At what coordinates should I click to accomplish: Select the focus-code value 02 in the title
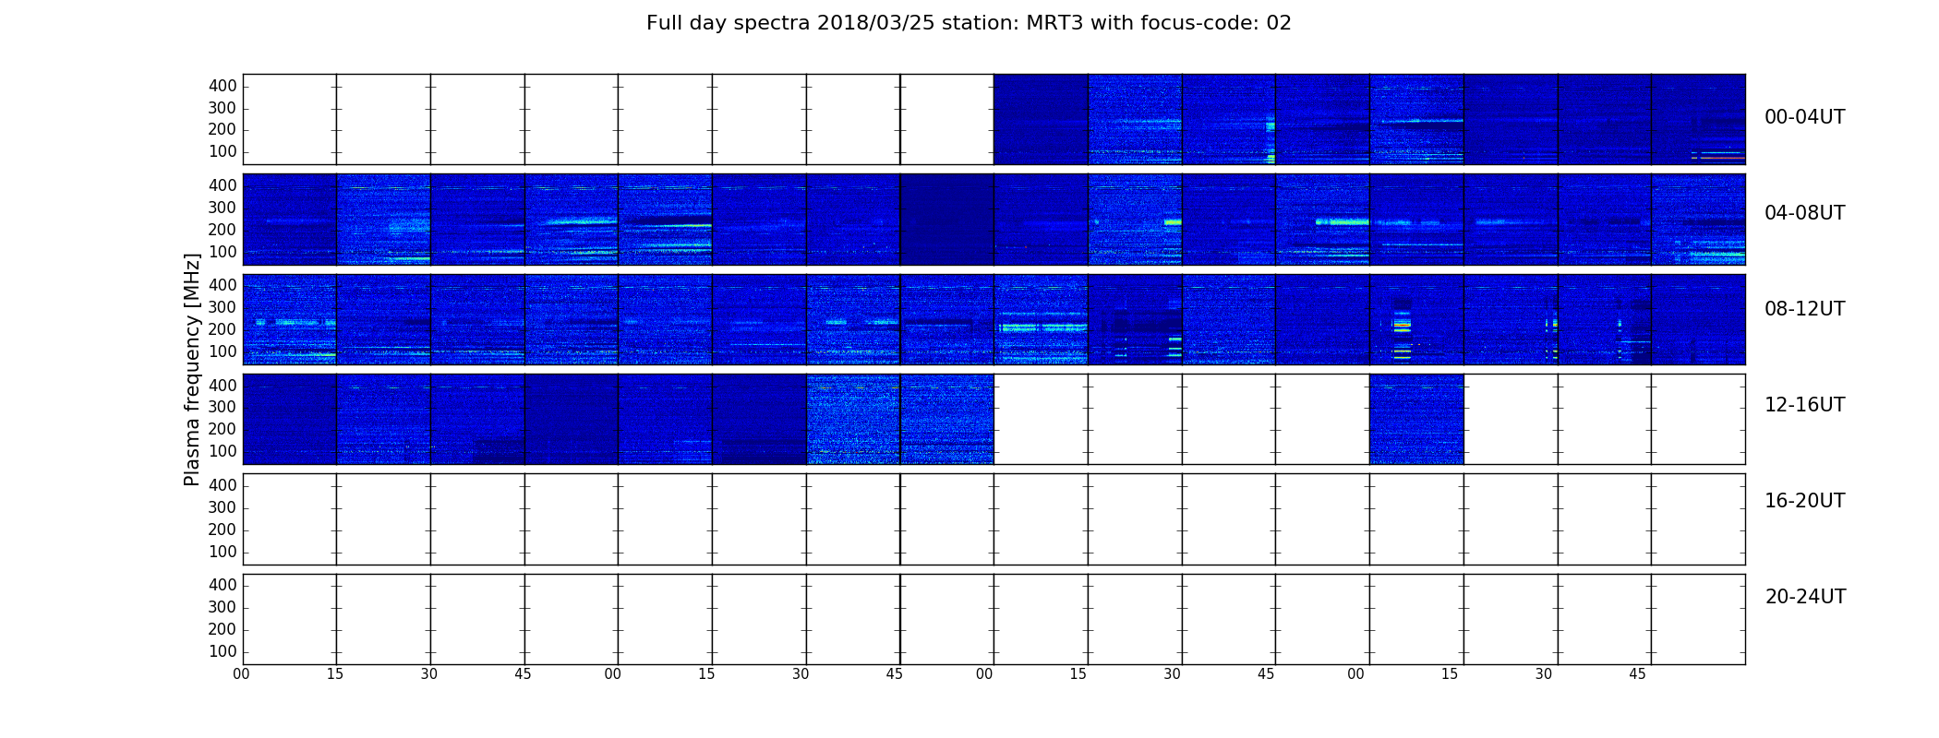point(1279,23)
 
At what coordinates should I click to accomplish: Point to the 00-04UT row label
point(1805,117)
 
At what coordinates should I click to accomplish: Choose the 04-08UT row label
point(1805,213)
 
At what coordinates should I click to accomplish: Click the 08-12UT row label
point(1805,309)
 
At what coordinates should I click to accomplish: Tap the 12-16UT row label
point(1805,405)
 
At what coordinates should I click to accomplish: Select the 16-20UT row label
point(1805,501)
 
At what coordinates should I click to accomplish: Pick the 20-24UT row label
point(1805,597)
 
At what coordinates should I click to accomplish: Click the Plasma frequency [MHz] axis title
point(192,369)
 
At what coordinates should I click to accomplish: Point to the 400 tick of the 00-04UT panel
point(223,86)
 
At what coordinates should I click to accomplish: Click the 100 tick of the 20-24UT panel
point(223,651)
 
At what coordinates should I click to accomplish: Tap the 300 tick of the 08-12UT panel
point(223,307)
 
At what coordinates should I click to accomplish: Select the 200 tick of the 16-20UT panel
point(223,530)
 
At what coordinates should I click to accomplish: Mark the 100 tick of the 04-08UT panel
point(223,252)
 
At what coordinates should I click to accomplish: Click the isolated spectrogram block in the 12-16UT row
point(1416,419)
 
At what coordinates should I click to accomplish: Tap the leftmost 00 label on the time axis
point(241,674)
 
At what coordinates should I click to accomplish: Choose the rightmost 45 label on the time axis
point(1637,674)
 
